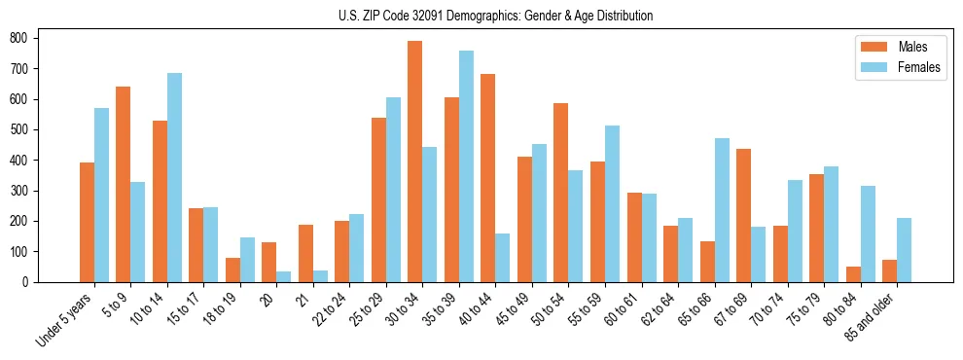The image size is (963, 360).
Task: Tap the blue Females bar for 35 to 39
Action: [466, 166]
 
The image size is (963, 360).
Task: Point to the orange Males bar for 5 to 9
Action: [124, 184]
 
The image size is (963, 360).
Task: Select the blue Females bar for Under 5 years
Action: [101, 195]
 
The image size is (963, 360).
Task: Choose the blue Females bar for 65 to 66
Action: [722, 210]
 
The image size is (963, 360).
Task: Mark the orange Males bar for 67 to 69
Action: [743, 215]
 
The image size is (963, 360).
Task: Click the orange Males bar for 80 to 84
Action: [853, 274]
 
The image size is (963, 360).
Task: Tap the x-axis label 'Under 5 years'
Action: [65, 319]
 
